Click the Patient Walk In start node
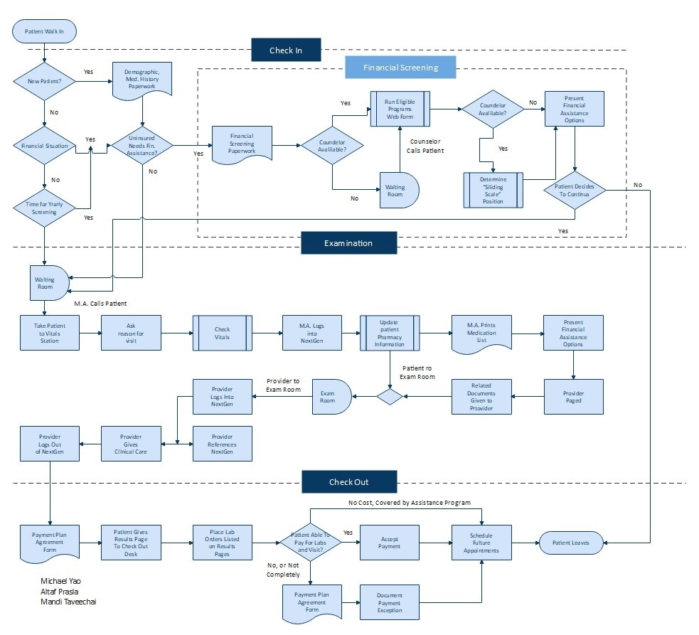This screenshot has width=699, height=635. [44, 31]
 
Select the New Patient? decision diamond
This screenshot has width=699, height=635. [44, 81]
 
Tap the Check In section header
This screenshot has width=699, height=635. [285, 50]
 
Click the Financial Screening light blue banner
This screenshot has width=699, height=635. [400, 68]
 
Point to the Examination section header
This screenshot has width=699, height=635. [348, 243]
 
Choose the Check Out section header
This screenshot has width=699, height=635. [348, 482]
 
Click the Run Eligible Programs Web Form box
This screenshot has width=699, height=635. [399, 110]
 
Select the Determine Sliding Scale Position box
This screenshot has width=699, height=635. [493, 191]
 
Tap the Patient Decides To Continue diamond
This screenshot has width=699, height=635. [574, 191]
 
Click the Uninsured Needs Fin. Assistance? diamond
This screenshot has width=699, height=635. [143, 146]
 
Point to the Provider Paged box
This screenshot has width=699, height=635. [573, 397]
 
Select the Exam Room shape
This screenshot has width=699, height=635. [328, 397]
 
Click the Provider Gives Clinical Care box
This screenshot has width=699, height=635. [130, 444]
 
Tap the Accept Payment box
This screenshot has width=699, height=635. [389, 543]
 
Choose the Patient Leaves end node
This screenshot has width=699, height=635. [571, 543]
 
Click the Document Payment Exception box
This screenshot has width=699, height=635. [389, 602]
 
